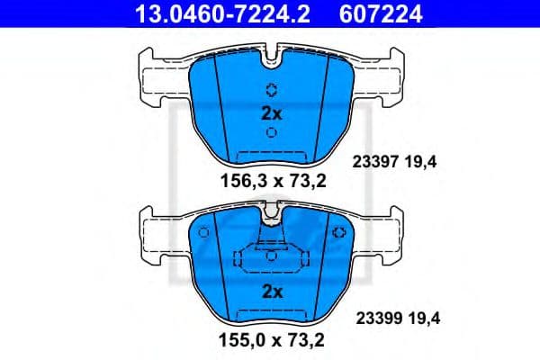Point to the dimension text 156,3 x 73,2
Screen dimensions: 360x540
pyautogui.click(x=271, y=181)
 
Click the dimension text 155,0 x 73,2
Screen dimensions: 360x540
pyautogui.click(x=271, y=341)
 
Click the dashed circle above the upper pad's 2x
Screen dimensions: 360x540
pyautogui.click(x=272, y=90)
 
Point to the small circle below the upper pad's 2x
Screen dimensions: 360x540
pyautogui.click(x=272, y=133)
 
